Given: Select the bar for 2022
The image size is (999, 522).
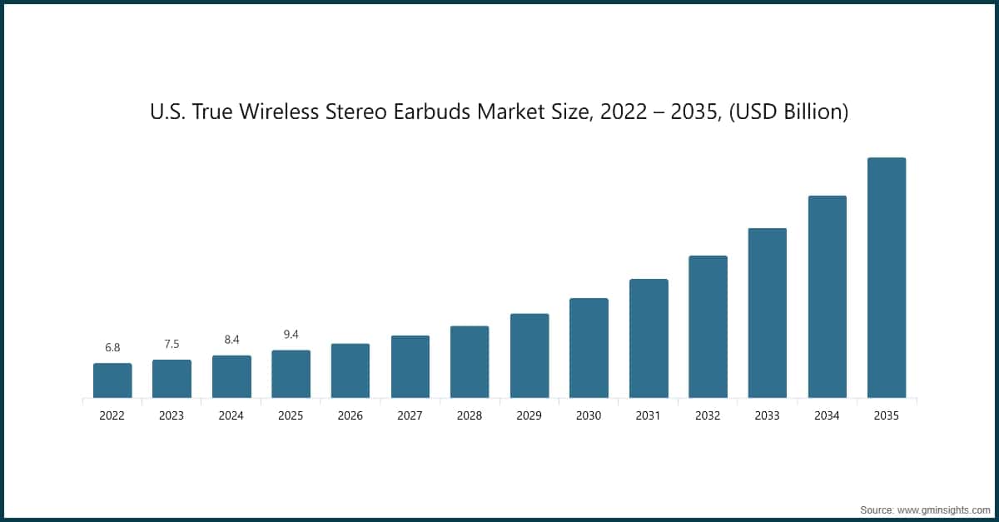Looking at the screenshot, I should [112, 380].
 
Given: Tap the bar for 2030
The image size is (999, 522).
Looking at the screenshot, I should [589, 348].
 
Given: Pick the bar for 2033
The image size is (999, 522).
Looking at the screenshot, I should [767, 313].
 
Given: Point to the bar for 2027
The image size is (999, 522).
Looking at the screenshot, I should [410, 366].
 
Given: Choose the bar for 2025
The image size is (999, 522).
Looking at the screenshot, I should [291, 374].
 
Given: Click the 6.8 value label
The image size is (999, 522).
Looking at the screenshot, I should [112, 347].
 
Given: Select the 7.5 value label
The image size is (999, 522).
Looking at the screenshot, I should [171, 344].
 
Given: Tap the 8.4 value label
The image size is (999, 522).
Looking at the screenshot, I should [231, 340].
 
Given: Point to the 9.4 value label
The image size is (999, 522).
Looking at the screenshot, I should [291, 334].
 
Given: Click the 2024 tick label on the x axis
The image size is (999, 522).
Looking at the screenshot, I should [231, 415].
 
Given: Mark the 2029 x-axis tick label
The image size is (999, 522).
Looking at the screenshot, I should [529, 415].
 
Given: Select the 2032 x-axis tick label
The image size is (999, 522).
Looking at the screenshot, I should [708, 415].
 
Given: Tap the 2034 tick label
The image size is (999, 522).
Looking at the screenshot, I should [827, 415].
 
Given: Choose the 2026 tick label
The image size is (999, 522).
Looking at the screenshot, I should [350, 415].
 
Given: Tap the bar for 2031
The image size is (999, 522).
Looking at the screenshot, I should [649, 338].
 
